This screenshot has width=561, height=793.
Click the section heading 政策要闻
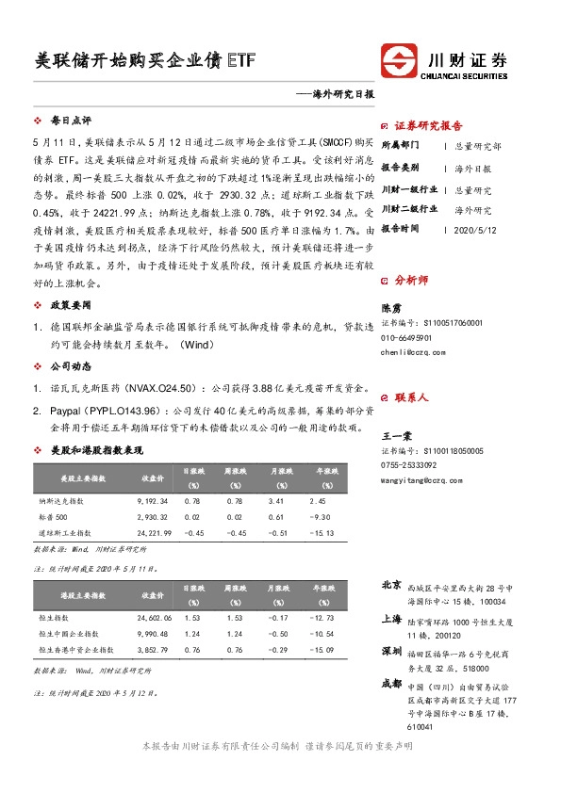click(71, 305)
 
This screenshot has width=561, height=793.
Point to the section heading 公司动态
click(71, 364)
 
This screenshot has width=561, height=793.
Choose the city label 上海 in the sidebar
click(391, 619)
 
